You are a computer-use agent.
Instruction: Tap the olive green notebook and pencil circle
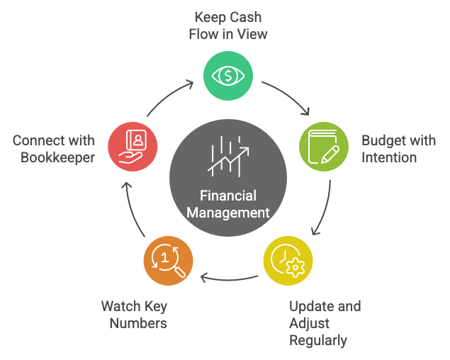click(x=322, y=147)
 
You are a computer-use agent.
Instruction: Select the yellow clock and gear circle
click(x=288, y=259)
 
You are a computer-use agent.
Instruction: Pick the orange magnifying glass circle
click(x=168, y=259)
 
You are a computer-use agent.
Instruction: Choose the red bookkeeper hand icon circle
click(x=133, y=147)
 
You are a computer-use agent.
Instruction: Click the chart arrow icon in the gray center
click(x=228, y=157)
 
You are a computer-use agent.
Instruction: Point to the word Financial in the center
click(x=228, y=195)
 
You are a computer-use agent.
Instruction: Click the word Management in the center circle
click(x=228, y=212)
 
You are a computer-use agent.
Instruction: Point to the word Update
click(x=312, y=306)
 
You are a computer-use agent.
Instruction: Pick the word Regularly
click(x=318, y=341)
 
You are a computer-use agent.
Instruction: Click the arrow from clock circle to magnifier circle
click(x=228, y=277)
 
